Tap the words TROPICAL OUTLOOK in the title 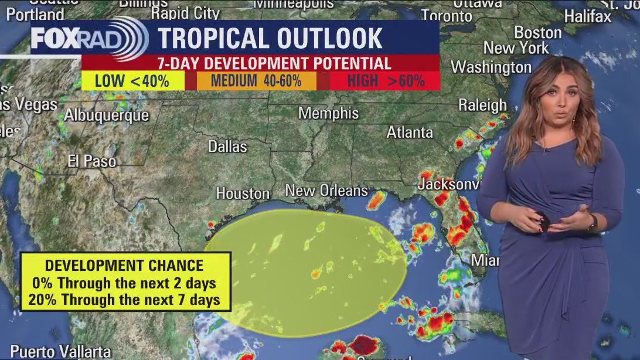pyautogui.click(x=270, y=38)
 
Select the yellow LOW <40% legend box pyautogui.click(x=132, y=81)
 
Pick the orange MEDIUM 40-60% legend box pyautogui.click(x=256, y=81)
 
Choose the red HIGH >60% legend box pyautogui.click(x=386, y=81)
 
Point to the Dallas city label pyautogui.click(x=227, y=146)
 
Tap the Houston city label pyautogui.click(x=243, y=193)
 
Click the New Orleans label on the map pyautogui.click(x=326, y=190)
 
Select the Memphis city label pyautogui.click(x=328, y=113)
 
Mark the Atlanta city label pyautogui.click(x=410, y=133)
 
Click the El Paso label pyautogui.click(x=91, y=161)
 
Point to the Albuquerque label pyautogui.click(x=106, y=115)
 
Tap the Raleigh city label pyautogui.click(x=482, y=105)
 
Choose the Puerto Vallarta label pyautogui.click(x=60, y=351)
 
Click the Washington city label pyautogui.click(x=491, y=67)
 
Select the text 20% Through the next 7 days pyautogui.click(x=126, y=300)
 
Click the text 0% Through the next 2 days pyautogui.click(x=125, y=283)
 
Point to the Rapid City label pyautogui.click(x=185, y=13)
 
